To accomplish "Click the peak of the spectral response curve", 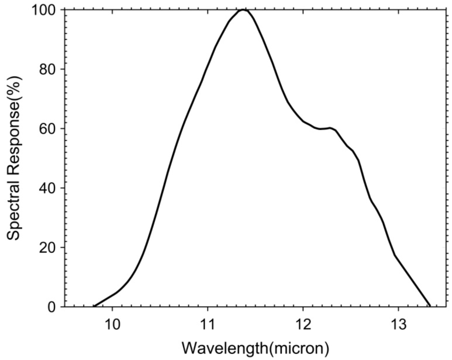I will [243, 9].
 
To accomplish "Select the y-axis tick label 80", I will [49, 69].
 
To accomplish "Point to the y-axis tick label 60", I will [49, 129].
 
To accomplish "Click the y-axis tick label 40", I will [49, 188].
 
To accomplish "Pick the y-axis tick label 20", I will [49, 247].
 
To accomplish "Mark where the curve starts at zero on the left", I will [94, 306].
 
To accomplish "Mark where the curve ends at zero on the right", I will [429, 306].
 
